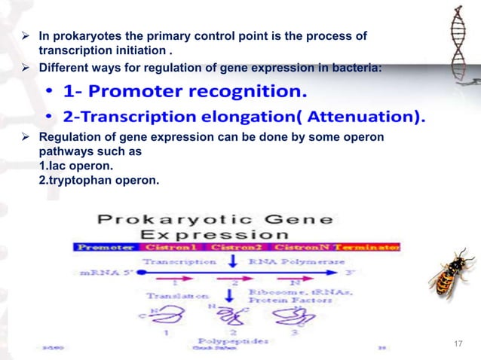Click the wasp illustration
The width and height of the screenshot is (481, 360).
coord(452,275)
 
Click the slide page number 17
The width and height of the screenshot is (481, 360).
coord(458,344)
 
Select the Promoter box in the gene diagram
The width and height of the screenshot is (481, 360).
coord(103,247)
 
